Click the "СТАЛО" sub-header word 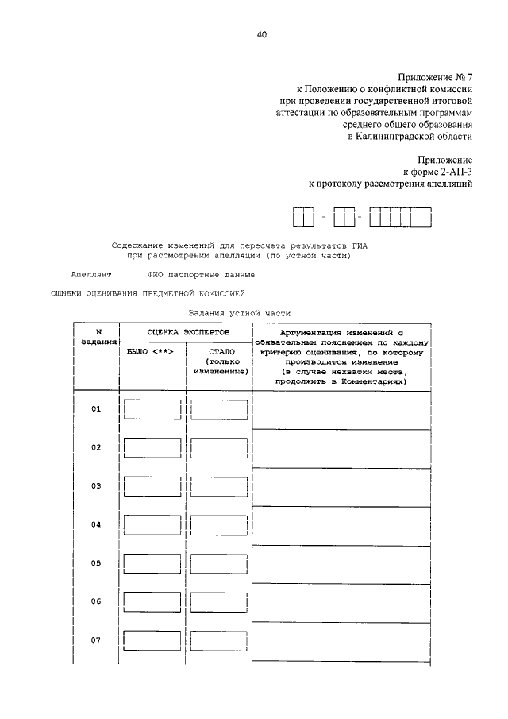218,351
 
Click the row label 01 96,409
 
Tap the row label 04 96,525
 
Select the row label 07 96,640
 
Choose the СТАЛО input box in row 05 219,564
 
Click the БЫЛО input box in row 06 152,602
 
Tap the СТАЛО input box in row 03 219,486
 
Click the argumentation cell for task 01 341,410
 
